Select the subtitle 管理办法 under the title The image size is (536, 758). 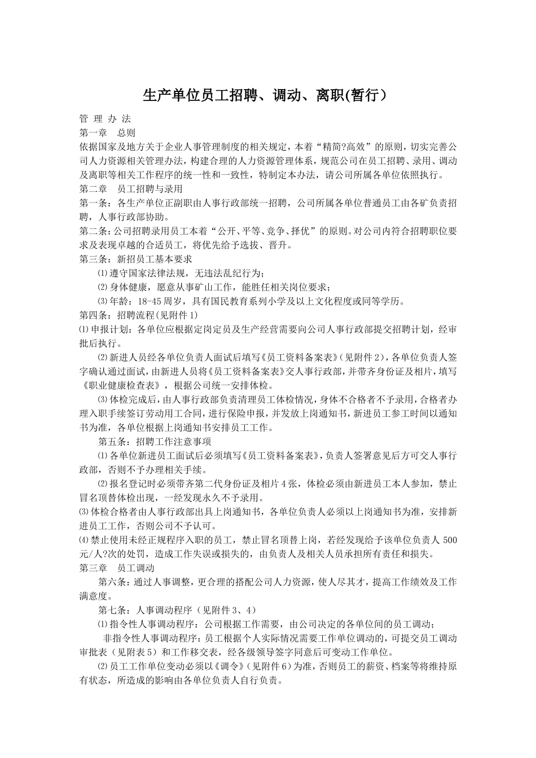[105, 120]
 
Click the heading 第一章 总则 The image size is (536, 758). [107, 134]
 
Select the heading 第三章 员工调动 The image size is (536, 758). [117, 568]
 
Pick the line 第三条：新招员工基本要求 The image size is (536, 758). [136, 259]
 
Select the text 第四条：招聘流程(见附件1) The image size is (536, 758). [139, 315]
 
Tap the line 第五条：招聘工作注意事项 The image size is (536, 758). [155, 442]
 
